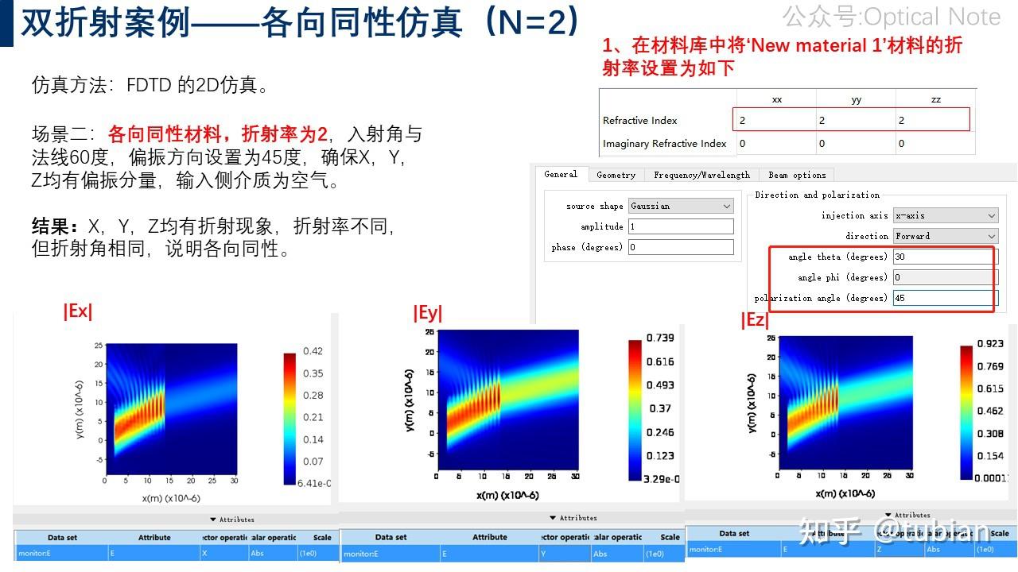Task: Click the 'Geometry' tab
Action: coord(616,175)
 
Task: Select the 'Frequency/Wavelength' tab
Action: coord(701,175)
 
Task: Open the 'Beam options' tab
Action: coord(797,175)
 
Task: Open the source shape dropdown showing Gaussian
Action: coord(681,206)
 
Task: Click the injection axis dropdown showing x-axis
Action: coord(945,215)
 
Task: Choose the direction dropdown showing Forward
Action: coord(945,236)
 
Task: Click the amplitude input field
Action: coord(681,226)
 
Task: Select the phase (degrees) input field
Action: coord(681,247)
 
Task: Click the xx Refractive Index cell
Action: coord(775,120)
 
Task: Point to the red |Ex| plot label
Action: coord(78,311)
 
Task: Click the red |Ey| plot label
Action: coord(428,314)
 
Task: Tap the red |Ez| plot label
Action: coord(755,320)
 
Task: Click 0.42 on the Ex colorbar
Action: coord(313,351)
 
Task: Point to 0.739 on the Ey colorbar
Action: coord(661,338)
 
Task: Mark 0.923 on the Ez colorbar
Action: coord(989,343)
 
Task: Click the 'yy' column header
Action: coord(856,100)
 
